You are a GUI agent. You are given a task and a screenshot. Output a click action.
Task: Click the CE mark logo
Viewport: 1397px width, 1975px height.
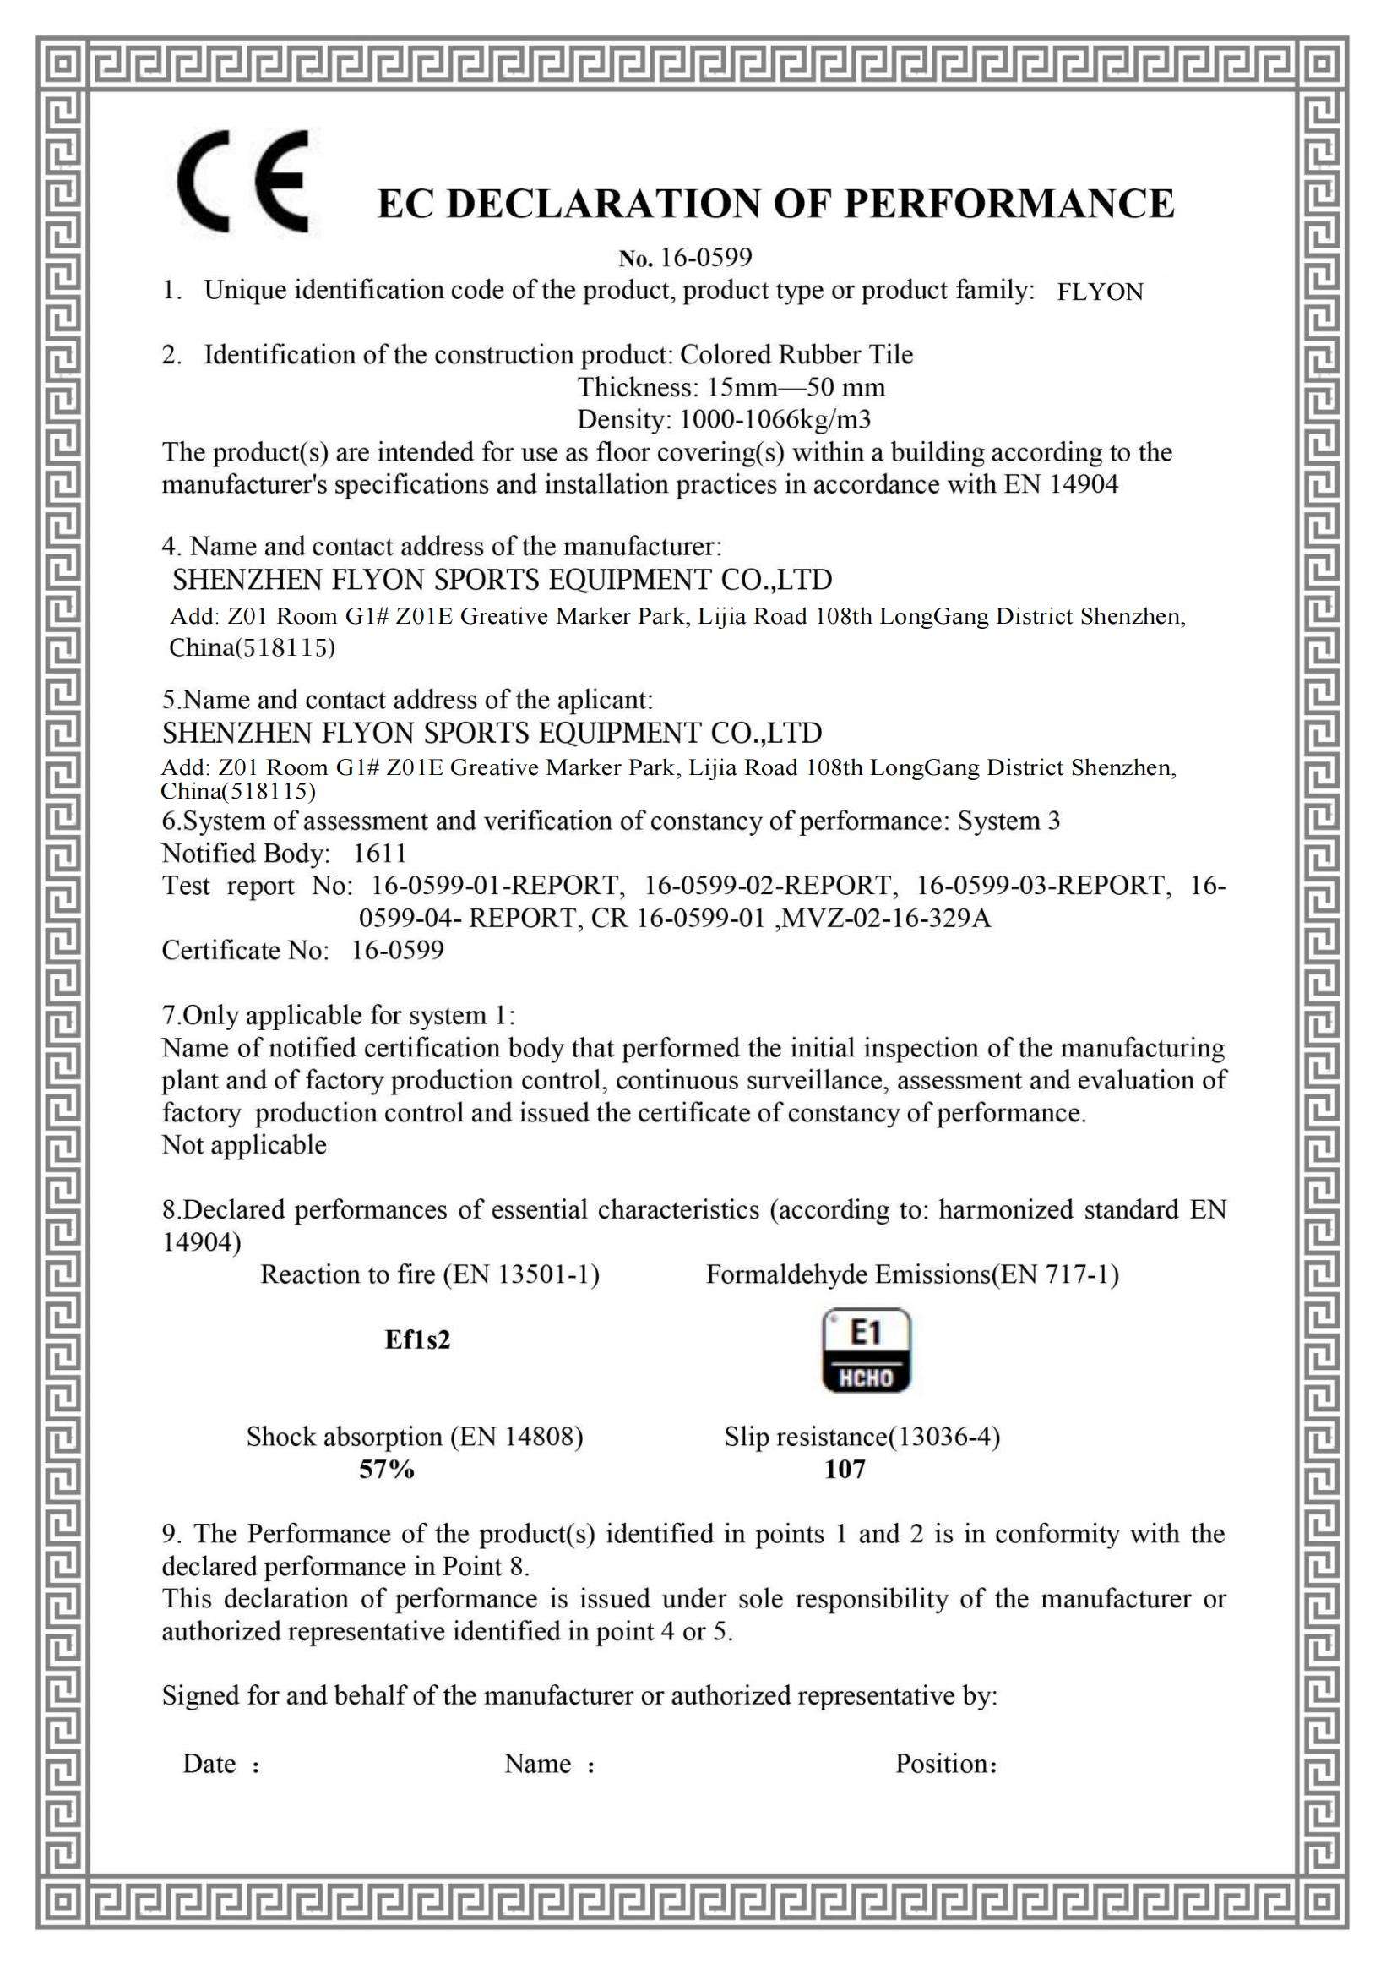pyautogui.click(x=243, y=181)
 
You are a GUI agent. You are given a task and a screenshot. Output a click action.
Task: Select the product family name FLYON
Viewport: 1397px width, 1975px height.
pyautogui.click(x=1100, y=292)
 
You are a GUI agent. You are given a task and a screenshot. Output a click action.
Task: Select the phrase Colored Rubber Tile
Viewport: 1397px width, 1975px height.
pyautogui.click(x=796, y=355)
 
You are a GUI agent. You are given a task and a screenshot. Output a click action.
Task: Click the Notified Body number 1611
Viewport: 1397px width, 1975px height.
pyautogui.click(x=379, y=854)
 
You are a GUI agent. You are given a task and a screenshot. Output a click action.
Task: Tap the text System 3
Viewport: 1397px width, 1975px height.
pyautogui.click(x=1008, y=821)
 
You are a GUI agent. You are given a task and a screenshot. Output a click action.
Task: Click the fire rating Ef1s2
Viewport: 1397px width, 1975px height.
pyautogui.click(x=417, y=1339)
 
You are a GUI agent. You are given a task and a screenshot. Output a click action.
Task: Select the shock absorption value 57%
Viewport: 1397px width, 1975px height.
pyautogui.click(x=386, y=1469)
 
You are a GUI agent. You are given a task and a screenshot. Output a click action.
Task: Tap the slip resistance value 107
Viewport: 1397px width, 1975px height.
pyautogui.click(x=845, y=1469)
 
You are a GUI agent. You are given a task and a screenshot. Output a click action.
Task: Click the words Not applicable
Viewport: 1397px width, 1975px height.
pyautogui.click(x=244, y=1145)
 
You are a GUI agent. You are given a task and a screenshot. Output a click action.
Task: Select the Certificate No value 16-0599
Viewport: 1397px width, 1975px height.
pyautogui.click(x=398, y=951)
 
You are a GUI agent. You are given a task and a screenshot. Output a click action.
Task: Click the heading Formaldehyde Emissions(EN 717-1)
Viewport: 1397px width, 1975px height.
pyautogui.click(x=912, y=1274)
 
